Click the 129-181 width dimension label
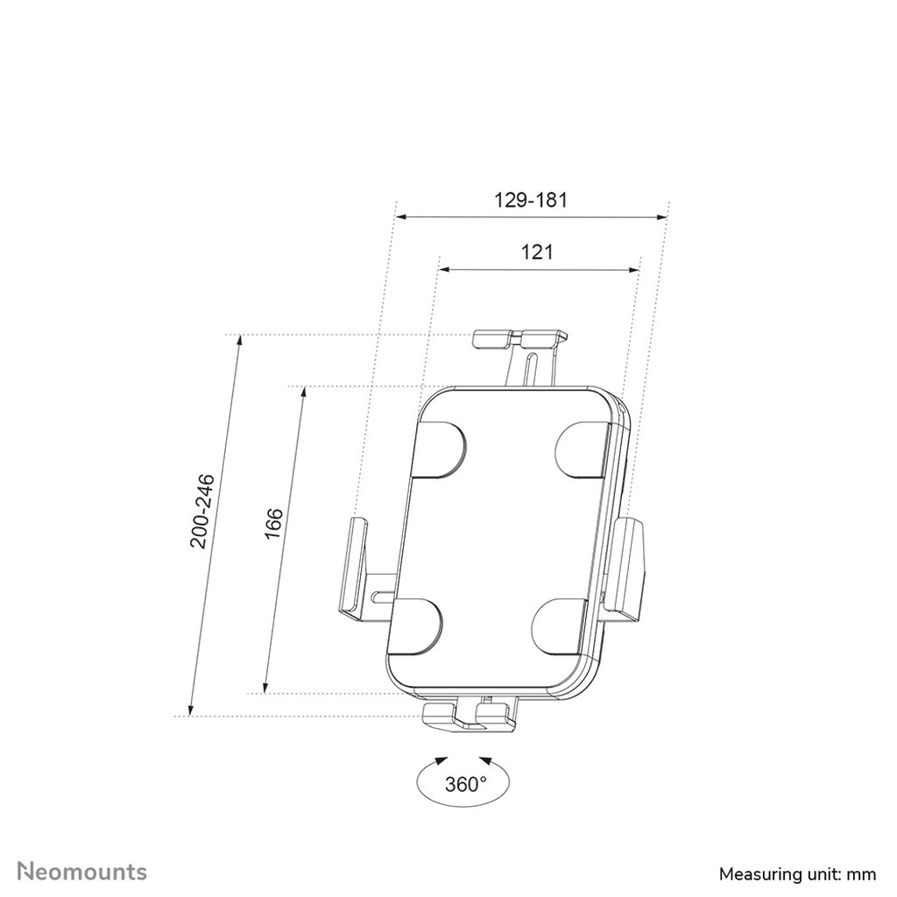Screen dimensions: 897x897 pyautogui.click(x=532, y=200)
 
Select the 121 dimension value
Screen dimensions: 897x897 pyautogui.click(x=537, y=252)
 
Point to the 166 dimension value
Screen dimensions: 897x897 pyautogui.click(x=273, y=526)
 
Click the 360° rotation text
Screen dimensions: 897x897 pyautogui.click(x=464, y=783)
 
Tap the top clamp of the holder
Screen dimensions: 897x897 pyautogui.click(x=519, y=339)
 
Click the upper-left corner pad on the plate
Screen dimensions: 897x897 pyautogui.click(x=438, y=449)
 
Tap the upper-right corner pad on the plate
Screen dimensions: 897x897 pyautogui.click(x=583, y=449)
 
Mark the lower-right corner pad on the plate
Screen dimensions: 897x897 pyautogui.click(x=562, y=625)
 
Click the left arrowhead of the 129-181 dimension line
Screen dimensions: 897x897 pyautogui.click(x=401, y=216)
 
